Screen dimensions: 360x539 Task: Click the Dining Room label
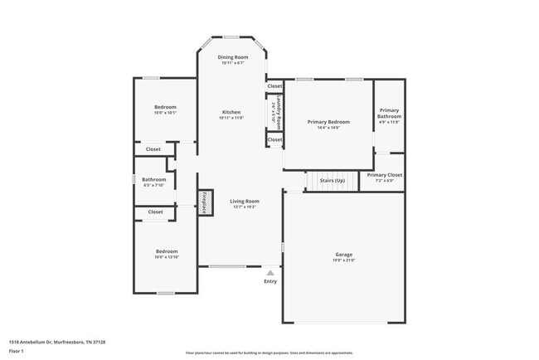click(233, 57)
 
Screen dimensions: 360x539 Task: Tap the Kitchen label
click(231, 112)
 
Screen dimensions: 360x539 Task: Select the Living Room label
click(245, 201)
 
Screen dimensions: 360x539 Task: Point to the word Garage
click(344, 255)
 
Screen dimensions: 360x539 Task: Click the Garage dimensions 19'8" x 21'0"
click(344, 260)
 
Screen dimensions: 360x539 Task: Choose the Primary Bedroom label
click(328, 122)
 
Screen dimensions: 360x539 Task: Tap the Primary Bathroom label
click(390, 114)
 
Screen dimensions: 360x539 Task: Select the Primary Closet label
click(384, 175)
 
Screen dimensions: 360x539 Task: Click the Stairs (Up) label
click(332, 180)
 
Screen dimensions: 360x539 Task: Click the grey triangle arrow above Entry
click(270, 272)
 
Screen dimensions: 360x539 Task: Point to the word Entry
click(270, 281)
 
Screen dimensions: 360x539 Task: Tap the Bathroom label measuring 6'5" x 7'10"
click(153, 179)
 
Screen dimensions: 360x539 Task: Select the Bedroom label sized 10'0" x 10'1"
click(166, 107)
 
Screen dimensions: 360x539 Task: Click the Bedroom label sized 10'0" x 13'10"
click(167, 251)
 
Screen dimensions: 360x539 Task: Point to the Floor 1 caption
click(17, 350)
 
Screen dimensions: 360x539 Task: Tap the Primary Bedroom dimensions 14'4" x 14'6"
click(328, 128)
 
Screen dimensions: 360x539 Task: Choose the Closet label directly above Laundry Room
click(274, 85)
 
